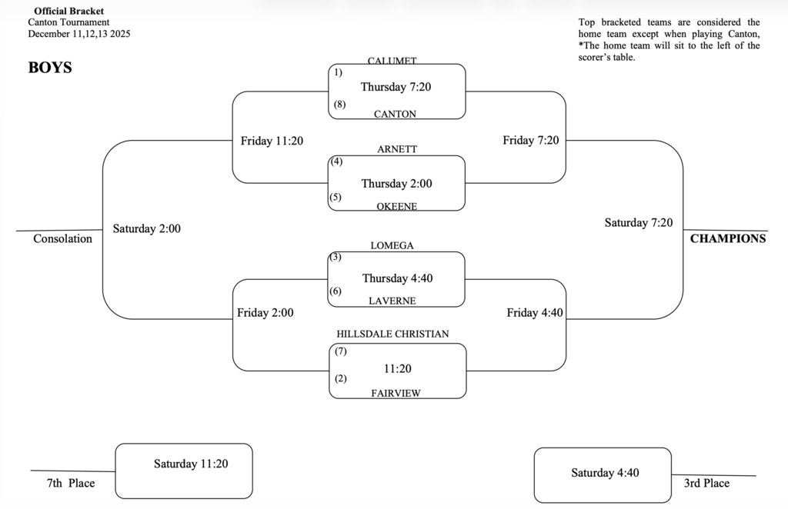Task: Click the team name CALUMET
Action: [392, 61]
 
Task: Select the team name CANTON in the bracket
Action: [395, 114]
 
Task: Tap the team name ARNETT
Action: [397, 149]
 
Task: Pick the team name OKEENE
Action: [397, 206]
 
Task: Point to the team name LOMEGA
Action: [392, 245]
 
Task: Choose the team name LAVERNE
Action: [392, 301]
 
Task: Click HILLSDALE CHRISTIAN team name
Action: [392, 334]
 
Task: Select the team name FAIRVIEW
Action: [396, 393]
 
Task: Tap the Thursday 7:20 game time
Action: [396, 87]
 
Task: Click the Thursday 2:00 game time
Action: [396, 184]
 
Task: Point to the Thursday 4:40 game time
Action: [397, 278]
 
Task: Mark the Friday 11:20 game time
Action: [272, 141]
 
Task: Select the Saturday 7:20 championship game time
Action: [638, 223]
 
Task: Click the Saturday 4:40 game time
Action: [605, 473]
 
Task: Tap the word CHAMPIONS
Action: [727, 238]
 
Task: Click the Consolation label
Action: [62, 238]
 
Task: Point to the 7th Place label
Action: [70, 483]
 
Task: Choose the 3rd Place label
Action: [706, 483]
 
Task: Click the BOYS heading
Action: [50, 68]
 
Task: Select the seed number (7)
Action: [341, 351]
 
